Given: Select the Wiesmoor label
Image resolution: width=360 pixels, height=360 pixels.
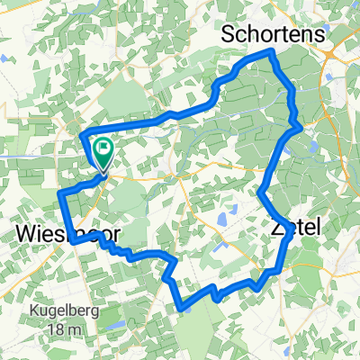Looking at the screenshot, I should click(69, 233).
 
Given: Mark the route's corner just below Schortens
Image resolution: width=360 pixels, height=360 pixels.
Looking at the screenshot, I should click(271, 54).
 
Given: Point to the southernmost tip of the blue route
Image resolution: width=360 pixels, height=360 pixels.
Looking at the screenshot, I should click(184, 309).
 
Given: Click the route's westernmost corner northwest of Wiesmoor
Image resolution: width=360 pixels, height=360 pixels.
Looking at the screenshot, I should click(59, 193).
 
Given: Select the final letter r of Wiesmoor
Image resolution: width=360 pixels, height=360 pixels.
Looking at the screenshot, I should click(116, 233).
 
